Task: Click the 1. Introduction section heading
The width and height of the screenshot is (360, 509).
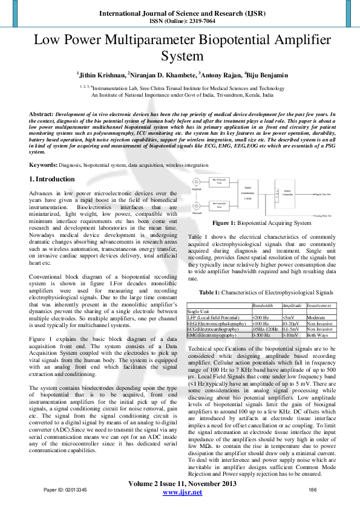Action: point(53,179)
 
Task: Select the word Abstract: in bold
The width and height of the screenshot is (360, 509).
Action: point(42,114)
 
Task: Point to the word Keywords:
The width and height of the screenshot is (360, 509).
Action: point(44,164)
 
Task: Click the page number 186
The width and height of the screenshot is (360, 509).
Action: point(313,489)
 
